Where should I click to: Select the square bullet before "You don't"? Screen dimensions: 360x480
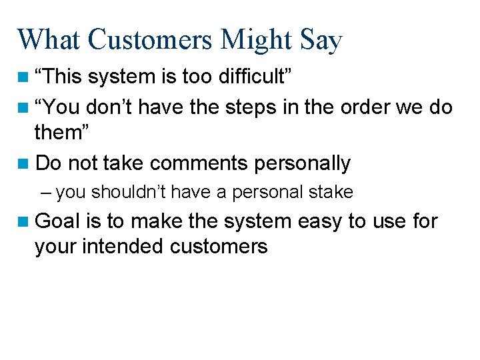tap(23, 107)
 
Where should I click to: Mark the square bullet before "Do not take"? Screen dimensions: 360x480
tap(23, 163)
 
